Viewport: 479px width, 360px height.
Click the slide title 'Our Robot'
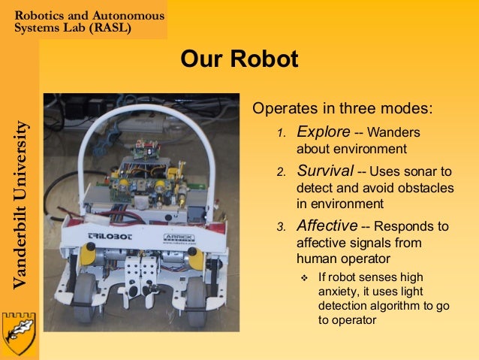239,59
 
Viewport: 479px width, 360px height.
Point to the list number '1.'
282,134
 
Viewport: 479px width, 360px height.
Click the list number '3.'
282,227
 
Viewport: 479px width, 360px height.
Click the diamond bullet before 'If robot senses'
304,278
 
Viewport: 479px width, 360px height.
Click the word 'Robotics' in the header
42,15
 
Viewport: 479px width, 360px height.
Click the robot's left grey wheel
84,298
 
